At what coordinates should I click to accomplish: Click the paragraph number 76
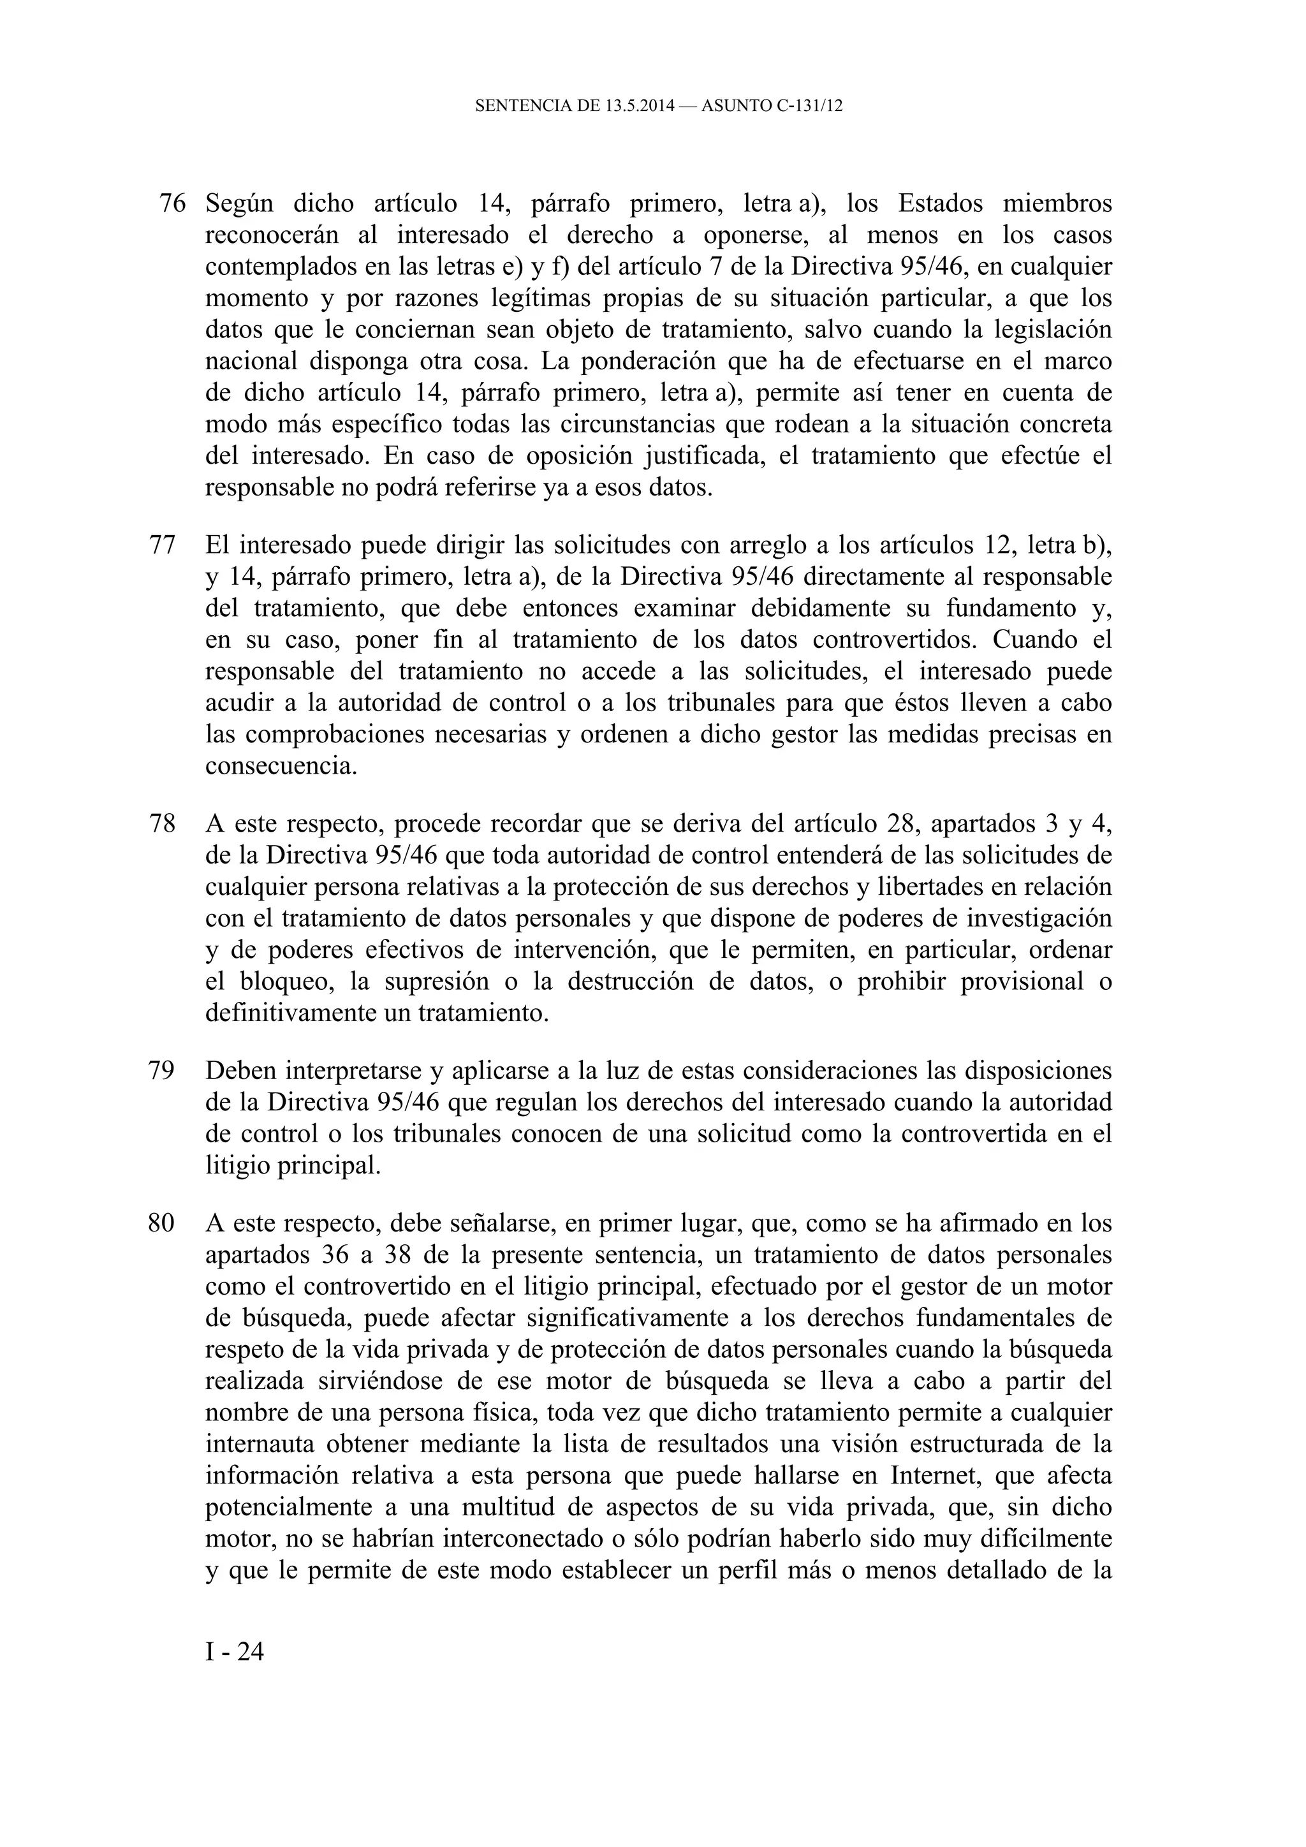tap(172, 203)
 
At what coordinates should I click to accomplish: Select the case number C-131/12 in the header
tap(810, 105)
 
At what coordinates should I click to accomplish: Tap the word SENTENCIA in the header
tap(522, 105)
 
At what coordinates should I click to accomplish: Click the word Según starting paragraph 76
tap(239, 203)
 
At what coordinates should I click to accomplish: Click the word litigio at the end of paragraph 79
tap(237, 1166)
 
